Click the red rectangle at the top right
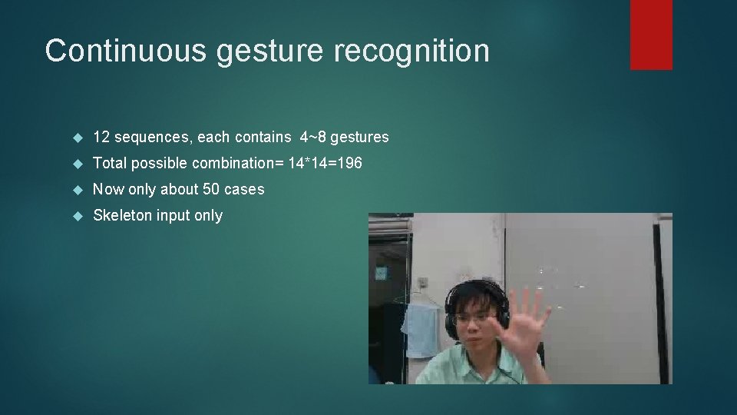[x=651, y=35]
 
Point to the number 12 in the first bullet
[x=101, y=138]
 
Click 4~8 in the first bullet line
[x=313, y=138]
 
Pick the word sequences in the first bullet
[x=151, y=138]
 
